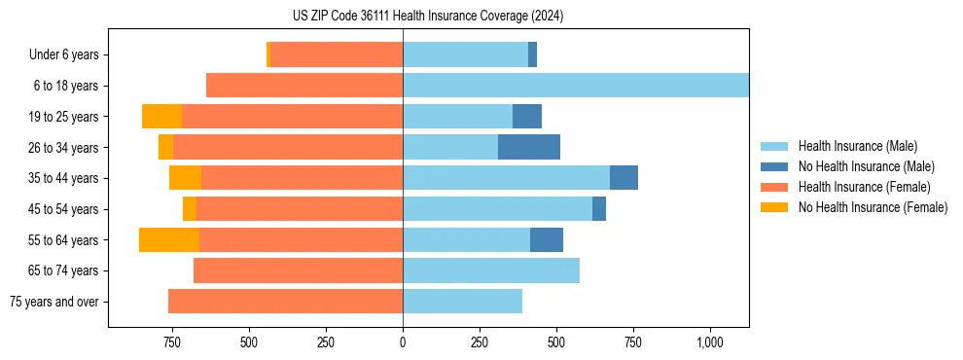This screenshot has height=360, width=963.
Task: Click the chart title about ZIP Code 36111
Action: click(x=428, y=16)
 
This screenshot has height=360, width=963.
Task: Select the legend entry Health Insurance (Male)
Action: click(x=857, y=146)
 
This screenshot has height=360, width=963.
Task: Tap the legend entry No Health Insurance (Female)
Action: click(x=873, y=207)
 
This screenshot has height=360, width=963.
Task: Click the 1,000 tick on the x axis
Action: click(x=709, y=342)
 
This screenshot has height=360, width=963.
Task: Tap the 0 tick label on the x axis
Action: click(x=403, y=342)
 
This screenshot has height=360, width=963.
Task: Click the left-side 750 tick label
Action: click(x=172, y=342)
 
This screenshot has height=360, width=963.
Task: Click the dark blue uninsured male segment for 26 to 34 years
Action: click(x=529, y=147)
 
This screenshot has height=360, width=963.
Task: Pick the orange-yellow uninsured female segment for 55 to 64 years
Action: click(x=169, y=240)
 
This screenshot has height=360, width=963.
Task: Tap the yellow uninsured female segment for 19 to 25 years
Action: click(x=161, y=117)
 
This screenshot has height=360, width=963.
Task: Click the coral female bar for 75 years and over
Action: click(x=285, y=302)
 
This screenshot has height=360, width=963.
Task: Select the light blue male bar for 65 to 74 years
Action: click(x=491, y=270)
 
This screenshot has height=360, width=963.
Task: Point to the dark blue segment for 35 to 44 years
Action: click(x=624, y=178)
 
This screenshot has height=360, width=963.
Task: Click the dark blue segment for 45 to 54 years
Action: click(x=599, y=209)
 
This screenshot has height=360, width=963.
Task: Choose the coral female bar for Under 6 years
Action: click(x=337, y=54)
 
